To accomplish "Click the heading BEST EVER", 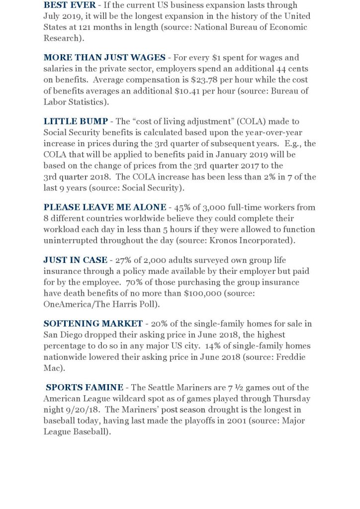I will [69, 5].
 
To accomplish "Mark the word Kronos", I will [217, 240].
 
